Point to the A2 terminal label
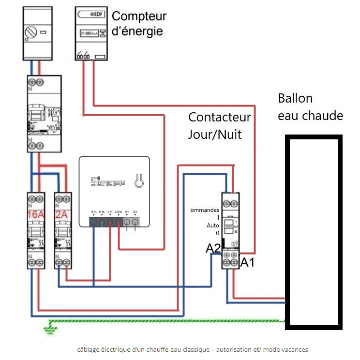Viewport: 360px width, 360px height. (213, 248)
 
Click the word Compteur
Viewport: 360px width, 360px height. (139, 16)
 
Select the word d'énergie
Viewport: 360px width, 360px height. (137, 31)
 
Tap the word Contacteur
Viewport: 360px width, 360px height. (219, 117)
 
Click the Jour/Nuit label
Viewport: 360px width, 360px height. (215, 134)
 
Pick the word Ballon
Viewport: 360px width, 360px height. (295, 99)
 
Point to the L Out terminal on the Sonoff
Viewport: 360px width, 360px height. (119, 222)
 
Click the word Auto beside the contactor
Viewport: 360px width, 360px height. (212, 225)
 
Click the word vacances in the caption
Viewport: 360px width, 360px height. (293, 349)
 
